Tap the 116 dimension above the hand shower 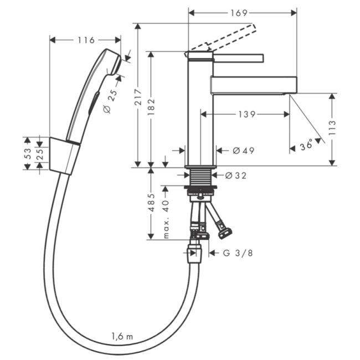(x=86, y=40)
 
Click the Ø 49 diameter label (x=243, y=150)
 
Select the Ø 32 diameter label (x=236, y=176)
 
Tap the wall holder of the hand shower (x=64, y=156)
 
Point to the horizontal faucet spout (x=254, y=85)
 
